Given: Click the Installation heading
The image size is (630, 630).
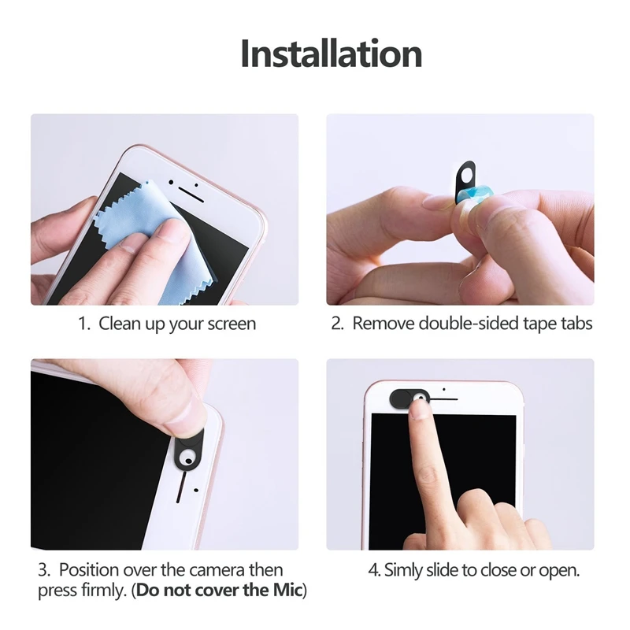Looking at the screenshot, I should point(331,54).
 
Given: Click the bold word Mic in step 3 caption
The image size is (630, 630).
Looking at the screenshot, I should point(286,591).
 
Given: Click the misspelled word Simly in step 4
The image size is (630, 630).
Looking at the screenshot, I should point(404,569).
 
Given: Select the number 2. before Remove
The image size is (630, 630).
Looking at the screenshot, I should point(338,324).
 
